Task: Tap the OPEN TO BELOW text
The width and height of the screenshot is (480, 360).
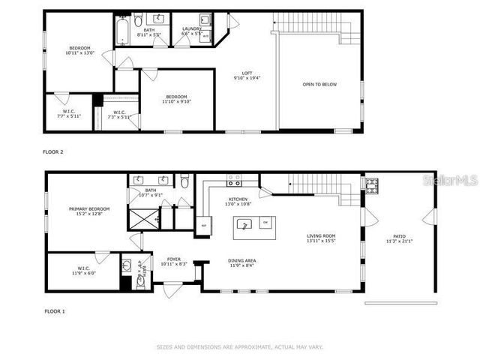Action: [x=319, y=84]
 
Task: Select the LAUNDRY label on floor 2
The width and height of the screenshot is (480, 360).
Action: [x=192, y=28]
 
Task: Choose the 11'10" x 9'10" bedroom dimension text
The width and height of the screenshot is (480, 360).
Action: [x=176, y=102]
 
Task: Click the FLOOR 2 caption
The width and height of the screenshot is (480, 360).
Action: [x=52, y=152]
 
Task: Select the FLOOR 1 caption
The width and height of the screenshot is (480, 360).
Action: [x=54, y=310]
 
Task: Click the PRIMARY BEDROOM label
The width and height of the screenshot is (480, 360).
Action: [x=89, y=208]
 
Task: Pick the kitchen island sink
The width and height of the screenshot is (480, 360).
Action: [x=242, y=223]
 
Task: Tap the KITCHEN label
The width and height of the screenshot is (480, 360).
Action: [x=238, y=199]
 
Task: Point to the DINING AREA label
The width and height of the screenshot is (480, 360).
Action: [x=242, y=261]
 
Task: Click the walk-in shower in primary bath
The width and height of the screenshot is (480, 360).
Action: [x=142, y=219]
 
